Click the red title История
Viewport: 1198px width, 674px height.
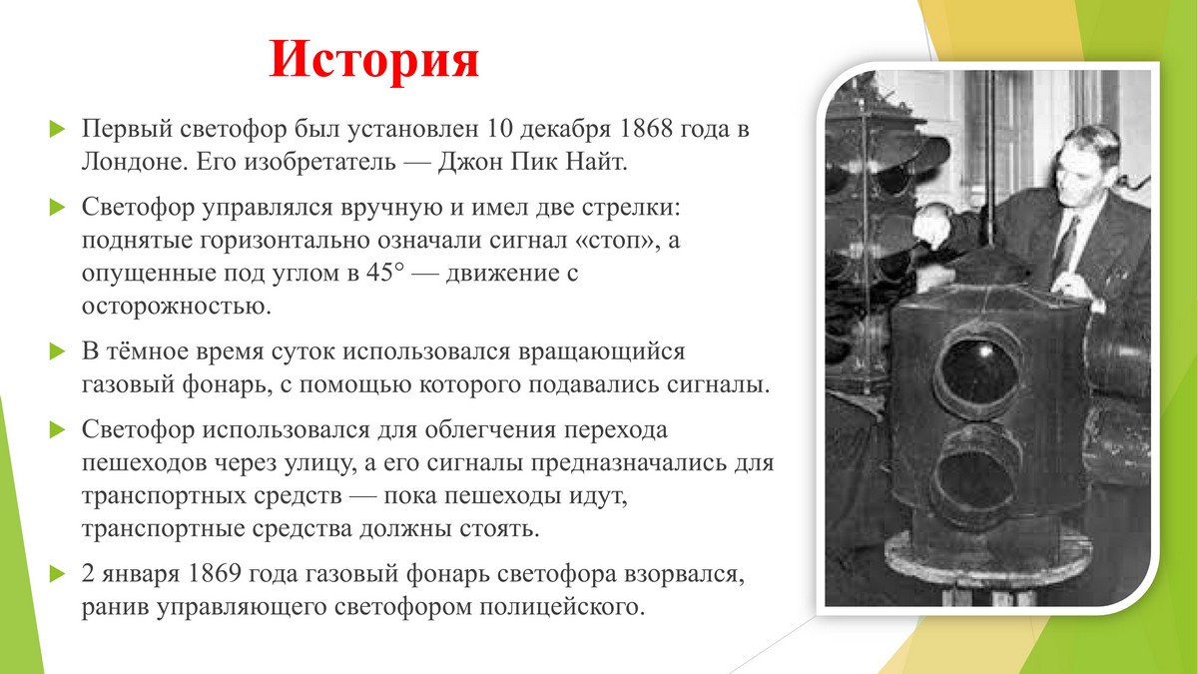pos(373,59)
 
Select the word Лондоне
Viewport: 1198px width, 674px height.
pos(134,162)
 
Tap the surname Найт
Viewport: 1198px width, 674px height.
pos(596,162)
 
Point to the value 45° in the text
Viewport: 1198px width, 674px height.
pos(385,273)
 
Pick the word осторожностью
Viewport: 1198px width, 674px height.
pos(177,307)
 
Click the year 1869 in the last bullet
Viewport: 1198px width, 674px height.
pos(215,574)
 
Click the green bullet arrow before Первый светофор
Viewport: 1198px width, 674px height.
pos(57,129)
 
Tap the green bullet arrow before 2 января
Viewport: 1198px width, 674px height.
pos(57,574)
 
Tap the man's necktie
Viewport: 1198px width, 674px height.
pos(1066,244)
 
